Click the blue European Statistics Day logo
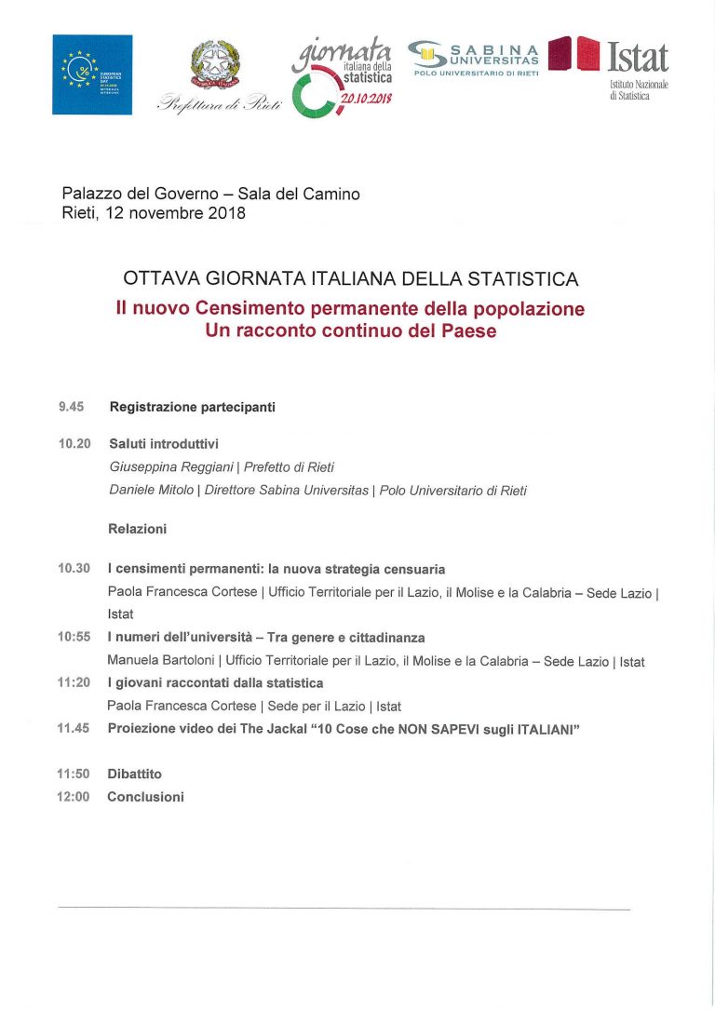(92, 74)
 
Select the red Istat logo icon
(573, 54)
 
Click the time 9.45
(72, 407)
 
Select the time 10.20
(74, 444)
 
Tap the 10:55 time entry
(74, 638)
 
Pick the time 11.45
(74, 728)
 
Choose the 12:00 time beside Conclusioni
(74, 797)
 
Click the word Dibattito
(134, 774)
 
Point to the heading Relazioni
(137, 529)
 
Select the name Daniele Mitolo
(152, 491)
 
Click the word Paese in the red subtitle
(471, 330)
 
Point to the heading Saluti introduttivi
(163, 444)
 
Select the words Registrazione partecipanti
(192, 407)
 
